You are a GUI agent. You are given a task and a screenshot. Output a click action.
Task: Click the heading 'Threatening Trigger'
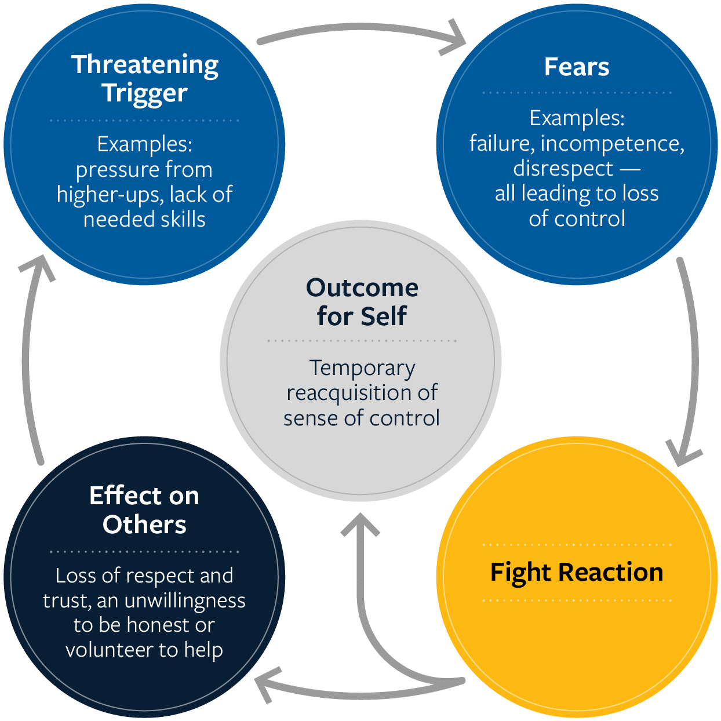[144, 79]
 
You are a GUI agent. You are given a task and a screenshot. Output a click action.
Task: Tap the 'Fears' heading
[577, 67]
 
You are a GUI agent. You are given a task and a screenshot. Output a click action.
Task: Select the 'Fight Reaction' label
[577, 572]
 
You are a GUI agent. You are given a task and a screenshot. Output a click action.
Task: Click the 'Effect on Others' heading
[144, 510]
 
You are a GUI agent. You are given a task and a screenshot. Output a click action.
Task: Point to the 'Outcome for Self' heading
[362, 302]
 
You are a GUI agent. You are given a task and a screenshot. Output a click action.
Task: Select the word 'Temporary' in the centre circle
[362, 368]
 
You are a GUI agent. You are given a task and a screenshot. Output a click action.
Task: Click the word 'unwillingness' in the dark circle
[185, 600]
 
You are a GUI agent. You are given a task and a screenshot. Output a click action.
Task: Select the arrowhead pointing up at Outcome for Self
[360, 523]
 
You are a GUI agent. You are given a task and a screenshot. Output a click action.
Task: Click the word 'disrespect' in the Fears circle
[563, 169]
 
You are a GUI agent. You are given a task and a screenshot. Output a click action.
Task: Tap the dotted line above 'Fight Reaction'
[577, 545]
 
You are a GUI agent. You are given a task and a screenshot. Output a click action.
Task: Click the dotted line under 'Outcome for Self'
[362, 341]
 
